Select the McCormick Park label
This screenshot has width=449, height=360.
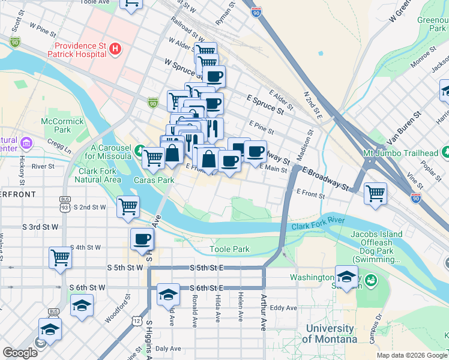pos(56,125)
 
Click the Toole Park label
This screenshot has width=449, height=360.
pos(229,249)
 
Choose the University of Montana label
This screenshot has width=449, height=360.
pos(330,334)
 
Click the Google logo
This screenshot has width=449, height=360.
pos(20,353)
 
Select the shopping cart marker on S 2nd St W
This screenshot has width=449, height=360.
pos(128,206)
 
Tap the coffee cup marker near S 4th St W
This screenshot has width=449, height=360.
pos(142,239)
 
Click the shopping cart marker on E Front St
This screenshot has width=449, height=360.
pos(375,193)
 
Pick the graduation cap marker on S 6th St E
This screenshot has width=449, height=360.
pos(169,293)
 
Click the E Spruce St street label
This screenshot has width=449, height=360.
pos(265,103)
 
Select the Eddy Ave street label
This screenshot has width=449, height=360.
pos(283,308)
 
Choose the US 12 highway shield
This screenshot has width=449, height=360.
pos(137,322)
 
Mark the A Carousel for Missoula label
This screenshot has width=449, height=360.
pos(111,152)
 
